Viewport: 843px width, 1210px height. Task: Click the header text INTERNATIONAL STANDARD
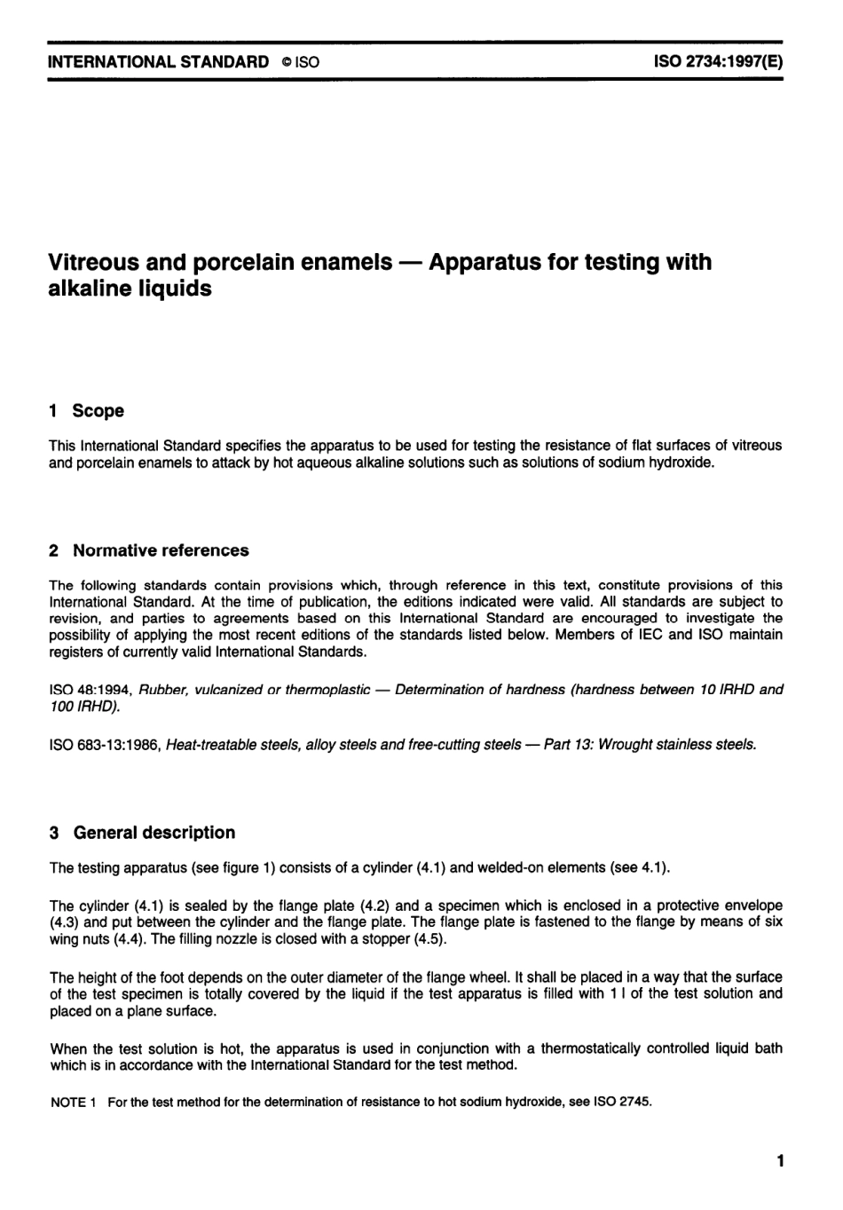(x=159, y=62)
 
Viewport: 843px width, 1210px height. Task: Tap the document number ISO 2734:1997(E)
(x=718, y=62)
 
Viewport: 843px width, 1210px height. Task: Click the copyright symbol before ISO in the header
(x=285, y=63)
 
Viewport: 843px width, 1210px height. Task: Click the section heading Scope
(x=98, y=411)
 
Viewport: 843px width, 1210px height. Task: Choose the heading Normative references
(x=161, y=550)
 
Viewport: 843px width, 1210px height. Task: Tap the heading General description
(x=154, y=833)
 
